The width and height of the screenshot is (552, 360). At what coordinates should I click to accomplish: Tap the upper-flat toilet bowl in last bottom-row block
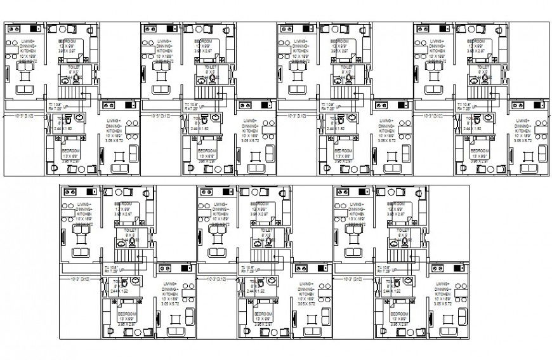[404, 242]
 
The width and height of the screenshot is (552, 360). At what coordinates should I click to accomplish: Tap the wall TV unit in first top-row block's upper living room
[7, 73]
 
